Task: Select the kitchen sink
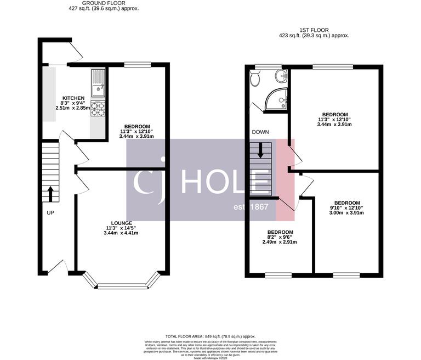pyautogui.click(x=98, y=81)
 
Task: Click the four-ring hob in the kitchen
pyautogui.click(x=98, y=109)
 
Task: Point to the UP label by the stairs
pyautogui.click(x=50, y=212)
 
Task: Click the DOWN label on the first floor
pyautogui.click(x=259, y=132)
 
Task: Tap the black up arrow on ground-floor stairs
pyautogui.click(x=50, y=193)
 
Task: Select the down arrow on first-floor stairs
pyautogui.click(x=261, y=149)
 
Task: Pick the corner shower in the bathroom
pyautogui.click(x=277, y=99)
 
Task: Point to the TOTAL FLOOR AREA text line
pyautogui.click(x=210, y=336)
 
